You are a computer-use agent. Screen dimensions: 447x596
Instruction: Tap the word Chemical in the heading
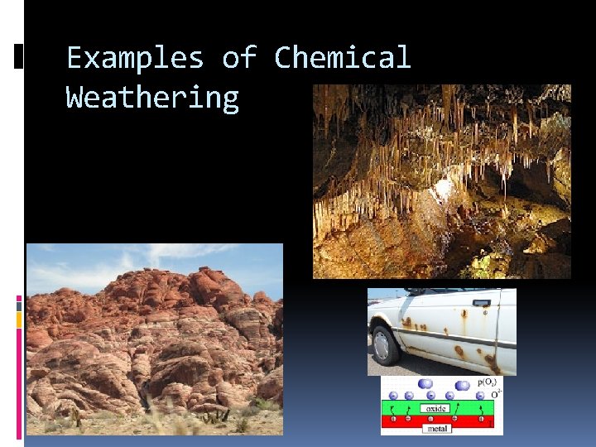[342, 59]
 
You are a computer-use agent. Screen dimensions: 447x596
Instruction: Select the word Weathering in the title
[152, 98]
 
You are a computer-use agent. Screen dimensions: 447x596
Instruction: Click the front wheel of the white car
[385, 344]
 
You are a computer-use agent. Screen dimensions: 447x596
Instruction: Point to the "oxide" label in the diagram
[438, 408]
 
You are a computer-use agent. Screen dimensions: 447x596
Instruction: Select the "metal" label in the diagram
[437, 429]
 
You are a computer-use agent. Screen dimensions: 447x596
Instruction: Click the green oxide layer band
[397, 408]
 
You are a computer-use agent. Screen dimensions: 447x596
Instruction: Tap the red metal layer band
[397, 421]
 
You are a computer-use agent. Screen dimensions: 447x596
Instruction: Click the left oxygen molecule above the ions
[427, 384]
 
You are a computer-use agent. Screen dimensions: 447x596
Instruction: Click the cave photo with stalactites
[441, 181]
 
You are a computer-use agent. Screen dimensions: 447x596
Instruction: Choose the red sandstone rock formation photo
[154, 339]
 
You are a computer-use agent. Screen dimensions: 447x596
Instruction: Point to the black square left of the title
[19, 56]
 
